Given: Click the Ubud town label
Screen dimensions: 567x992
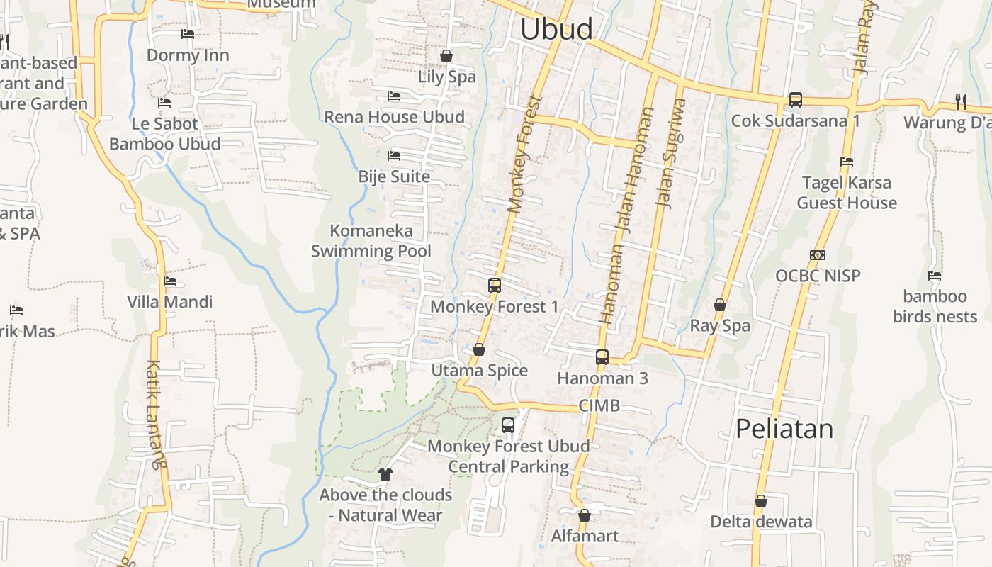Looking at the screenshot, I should [556, 29].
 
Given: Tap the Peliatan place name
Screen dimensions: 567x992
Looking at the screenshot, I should [784, 429].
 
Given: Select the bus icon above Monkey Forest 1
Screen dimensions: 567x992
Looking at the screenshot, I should [495, 286].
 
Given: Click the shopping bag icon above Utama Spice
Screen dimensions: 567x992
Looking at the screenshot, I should [479, 349].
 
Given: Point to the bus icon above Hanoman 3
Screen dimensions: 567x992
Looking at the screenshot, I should [602, 357].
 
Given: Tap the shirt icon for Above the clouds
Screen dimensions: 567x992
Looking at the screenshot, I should [385, 473].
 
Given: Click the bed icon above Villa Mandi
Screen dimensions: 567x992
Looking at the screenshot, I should [170, 281].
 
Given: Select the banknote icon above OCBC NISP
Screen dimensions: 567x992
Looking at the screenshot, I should [818, 255].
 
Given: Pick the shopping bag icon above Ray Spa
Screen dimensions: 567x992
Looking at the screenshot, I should [720, 305].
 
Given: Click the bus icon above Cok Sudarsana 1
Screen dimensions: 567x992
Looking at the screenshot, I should [796, 100].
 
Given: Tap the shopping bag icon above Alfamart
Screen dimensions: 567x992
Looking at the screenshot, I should [585, 515].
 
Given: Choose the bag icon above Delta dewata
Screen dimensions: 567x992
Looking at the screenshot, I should [761, 501].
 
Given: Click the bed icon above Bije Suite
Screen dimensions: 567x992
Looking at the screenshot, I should [394, 155].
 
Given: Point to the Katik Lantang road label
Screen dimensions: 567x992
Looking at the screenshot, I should [157, 415].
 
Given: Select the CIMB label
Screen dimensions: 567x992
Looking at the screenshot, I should [599, 405].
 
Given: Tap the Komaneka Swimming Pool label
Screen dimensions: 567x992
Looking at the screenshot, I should [371, 241].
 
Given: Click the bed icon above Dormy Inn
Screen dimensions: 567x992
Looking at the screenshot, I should [188, 33].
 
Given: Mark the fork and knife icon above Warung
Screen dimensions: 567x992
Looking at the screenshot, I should [961, 102].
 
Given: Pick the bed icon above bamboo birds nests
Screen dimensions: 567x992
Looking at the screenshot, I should [935, 276].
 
